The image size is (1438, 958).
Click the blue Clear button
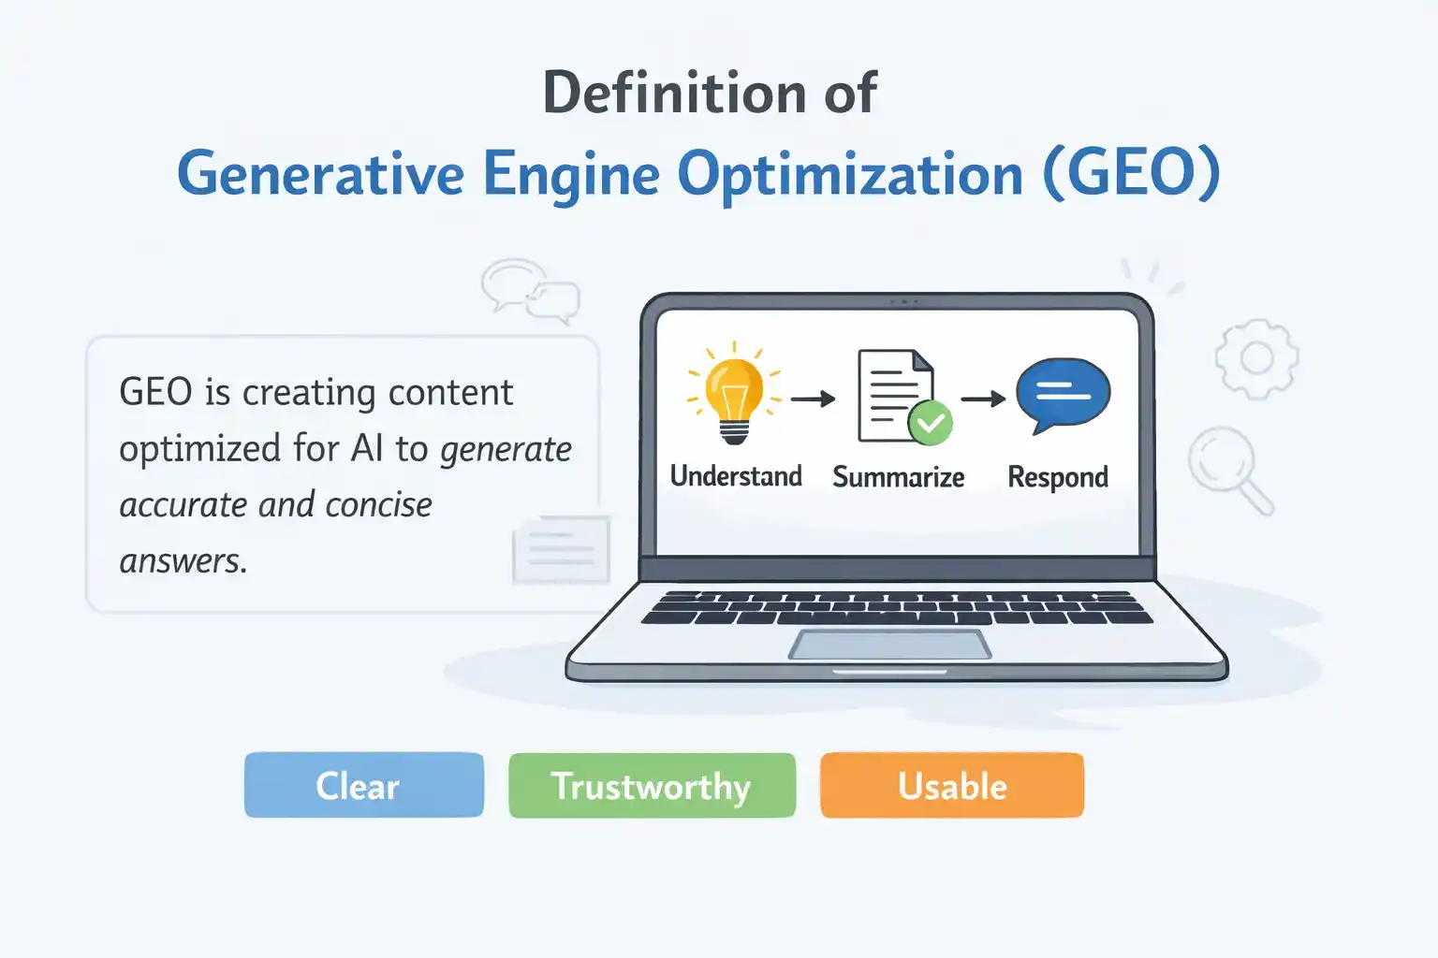[x=363, y=785]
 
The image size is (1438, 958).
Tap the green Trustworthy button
[x=652, y=786]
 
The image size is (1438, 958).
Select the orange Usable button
[x=951, y=786]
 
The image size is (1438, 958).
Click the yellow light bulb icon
[x=734, y=395]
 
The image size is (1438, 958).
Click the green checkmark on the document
[x=930, y=423]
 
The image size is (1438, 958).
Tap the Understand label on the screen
[x=736, y=476]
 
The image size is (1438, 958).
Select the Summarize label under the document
[x=898, y=477]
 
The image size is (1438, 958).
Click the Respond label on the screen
[x=1057, y=477]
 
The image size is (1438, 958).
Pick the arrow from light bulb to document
[x=813, y=399]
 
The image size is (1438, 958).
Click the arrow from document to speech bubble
[x=982, y=399]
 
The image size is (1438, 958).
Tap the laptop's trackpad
[x=889, y=645]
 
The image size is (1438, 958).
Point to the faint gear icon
[x=1256, y=358]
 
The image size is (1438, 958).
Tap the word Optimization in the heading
[x=850, y=175]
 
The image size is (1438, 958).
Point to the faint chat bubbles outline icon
[x=530, y=290]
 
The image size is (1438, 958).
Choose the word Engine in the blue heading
[x=571, y=175]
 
